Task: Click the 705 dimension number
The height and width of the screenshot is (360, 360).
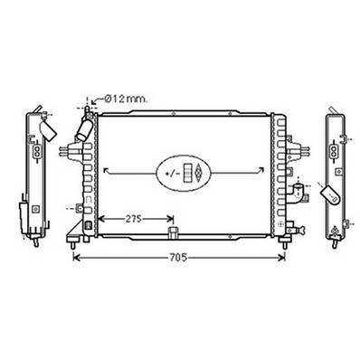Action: point(178,258)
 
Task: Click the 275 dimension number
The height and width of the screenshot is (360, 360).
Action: point(134,219)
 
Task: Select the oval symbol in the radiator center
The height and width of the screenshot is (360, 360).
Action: point(184,173)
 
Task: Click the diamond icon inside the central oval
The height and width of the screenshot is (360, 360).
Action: point(198,173)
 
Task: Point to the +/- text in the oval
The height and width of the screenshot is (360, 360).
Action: point(173,174)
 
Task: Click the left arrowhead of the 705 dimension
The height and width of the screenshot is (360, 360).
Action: point(76,258)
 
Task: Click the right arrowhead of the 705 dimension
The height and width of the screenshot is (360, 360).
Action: point(281,258)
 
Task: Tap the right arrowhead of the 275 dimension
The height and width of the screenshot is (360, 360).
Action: point(171,219)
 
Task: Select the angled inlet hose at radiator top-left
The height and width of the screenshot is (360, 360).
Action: point(84,129)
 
